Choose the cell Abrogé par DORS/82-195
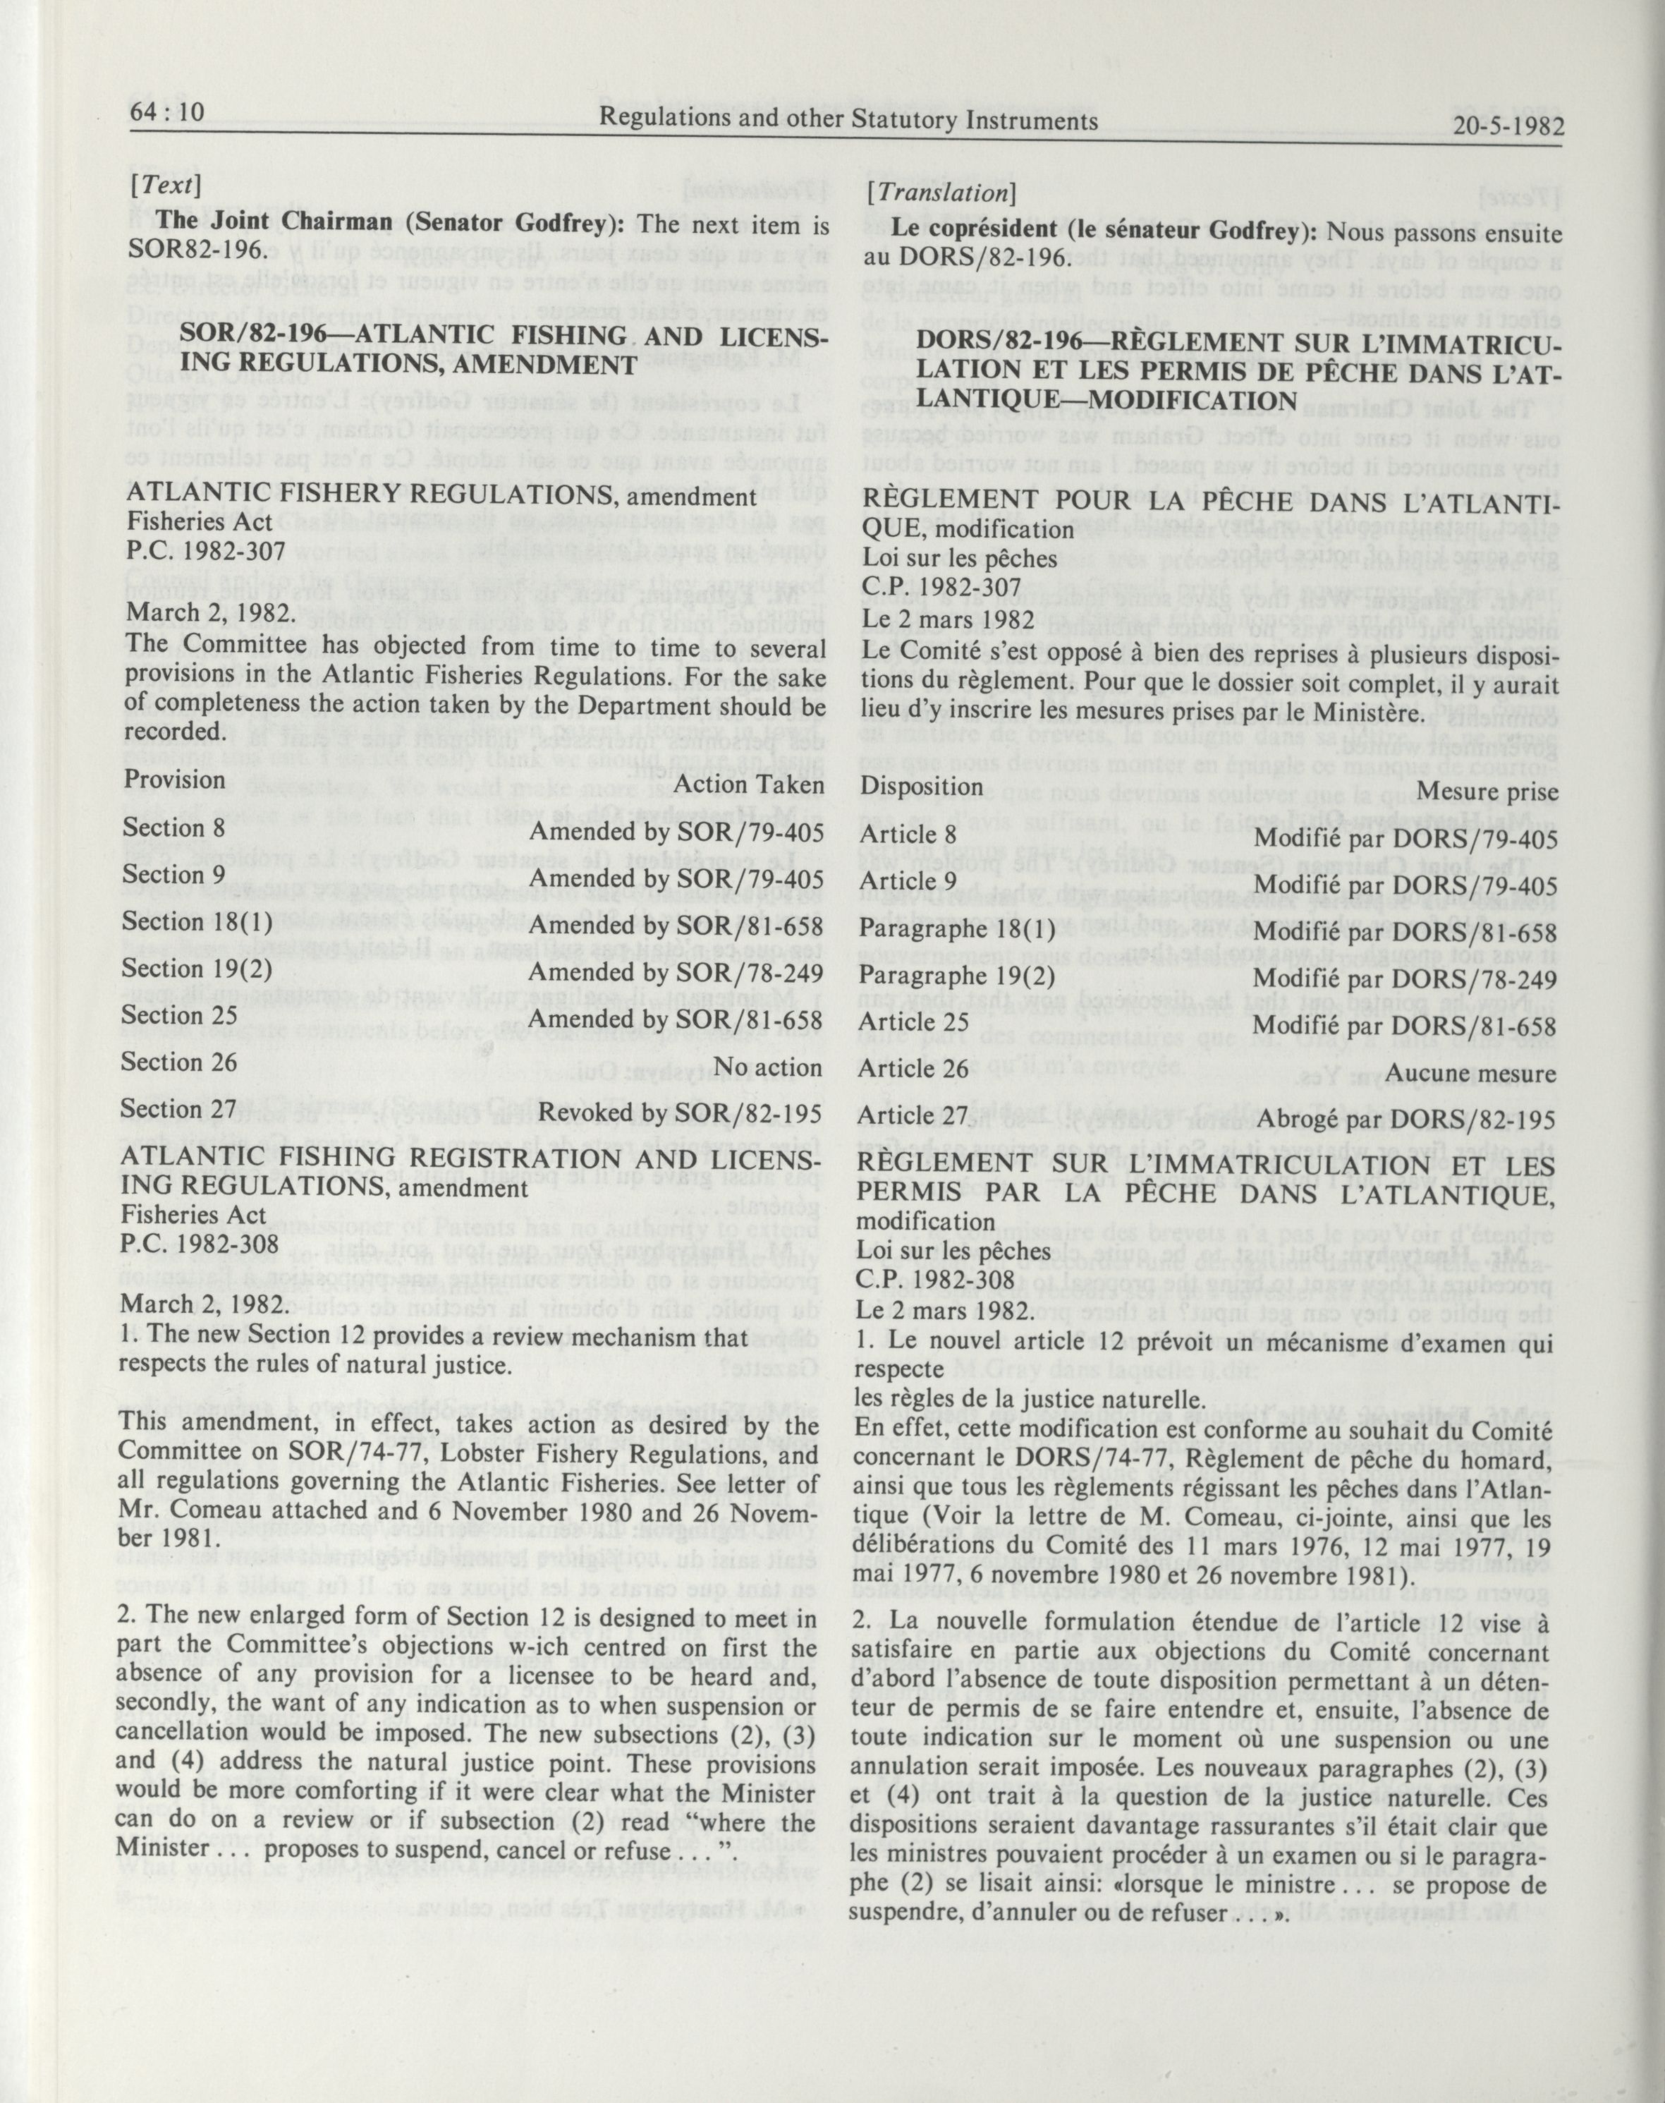coord(1405,1120)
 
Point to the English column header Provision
coord(173,780)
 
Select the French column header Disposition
coord(921,786)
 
